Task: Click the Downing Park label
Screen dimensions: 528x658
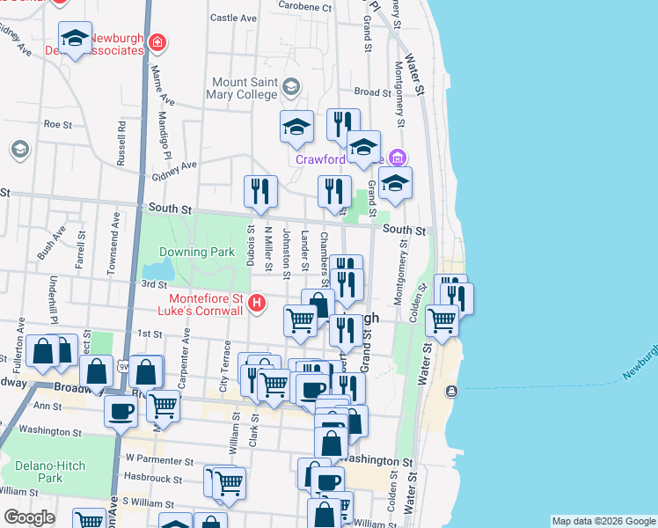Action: coord(202,252)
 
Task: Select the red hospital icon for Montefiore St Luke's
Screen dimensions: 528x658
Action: coord(257,304)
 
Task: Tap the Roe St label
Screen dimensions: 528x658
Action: coord(57,125)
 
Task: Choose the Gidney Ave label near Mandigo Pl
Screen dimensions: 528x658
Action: coord(173,166)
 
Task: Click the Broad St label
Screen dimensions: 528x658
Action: coord(373,92)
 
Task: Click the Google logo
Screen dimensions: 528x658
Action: coord(29,517)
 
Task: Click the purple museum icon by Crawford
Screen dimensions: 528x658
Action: coord(397,158)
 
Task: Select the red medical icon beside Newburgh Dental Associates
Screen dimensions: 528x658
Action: coord(157,41)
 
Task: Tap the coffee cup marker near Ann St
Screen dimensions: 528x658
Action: coord(121,409)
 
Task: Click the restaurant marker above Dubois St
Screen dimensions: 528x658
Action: coord(260,191)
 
